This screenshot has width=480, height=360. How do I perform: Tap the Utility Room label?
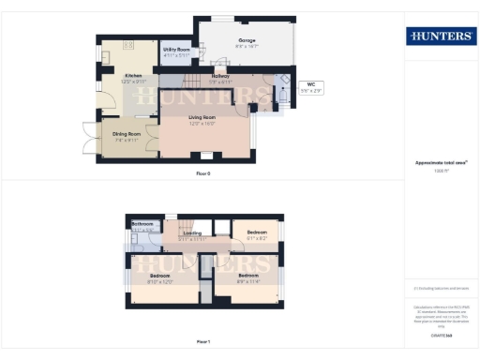pyautogui.click(x=176, y=51)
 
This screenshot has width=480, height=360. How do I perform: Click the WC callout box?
pyautogui.click(x=311, y=87)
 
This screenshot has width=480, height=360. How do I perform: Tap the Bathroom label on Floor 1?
pyautogui.click(x=142, y=226)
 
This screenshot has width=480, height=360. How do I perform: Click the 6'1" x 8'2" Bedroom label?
pyautogui.click(x=256, y=234)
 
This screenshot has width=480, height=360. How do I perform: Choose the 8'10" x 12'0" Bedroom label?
pyautogui.click(x=160, y=278)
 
